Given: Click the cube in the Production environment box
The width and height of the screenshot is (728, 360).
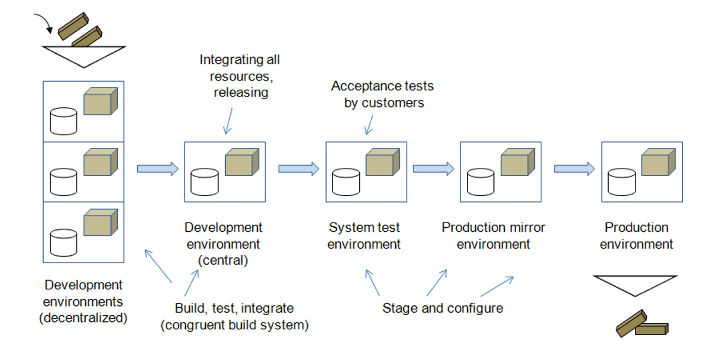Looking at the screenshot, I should (657, 162).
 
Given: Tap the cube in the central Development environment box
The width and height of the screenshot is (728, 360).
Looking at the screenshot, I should (241, 162).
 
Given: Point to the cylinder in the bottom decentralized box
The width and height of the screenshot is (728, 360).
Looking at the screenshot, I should (63, 243).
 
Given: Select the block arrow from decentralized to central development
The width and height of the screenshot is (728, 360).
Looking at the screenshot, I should (157, 169).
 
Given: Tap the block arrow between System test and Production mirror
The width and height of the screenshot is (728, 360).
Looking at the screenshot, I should (433, 169).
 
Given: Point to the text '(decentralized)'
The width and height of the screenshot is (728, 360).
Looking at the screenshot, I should (83, 318).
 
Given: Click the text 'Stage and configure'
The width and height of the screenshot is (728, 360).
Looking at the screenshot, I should (442, 308).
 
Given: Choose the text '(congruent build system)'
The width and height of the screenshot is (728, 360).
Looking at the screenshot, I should (235, 325).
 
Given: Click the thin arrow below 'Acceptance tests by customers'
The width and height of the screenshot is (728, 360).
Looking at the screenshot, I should (369, 125).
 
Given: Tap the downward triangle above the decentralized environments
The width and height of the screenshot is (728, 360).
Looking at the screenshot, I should (83, 55).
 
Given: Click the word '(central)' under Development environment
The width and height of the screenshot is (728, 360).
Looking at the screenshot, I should (223, 261).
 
